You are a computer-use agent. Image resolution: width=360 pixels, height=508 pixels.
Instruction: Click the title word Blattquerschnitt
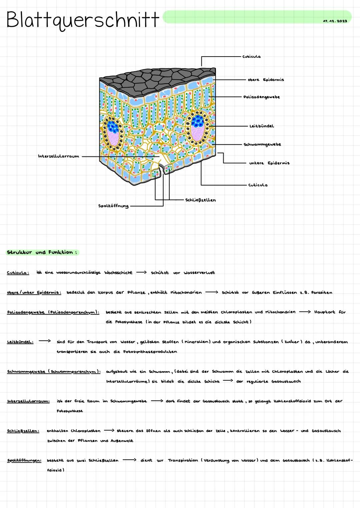pos(82,20)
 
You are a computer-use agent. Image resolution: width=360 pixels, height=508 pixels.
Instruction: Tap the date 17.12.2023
pos(335,21)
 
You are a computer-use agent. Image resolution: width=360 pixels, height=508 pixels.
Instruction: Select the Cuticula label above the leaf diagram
pos(251,57)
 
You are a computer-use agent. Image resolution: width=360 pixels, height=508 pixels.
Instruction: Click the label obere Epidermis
pos(266,80)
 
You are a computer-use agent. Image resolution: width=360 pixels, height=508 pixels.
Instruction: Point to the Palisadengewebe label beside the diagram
pos(261,97)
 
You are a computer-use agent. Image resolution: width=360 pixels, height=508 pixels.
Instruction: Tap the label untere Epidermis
pos(269,163)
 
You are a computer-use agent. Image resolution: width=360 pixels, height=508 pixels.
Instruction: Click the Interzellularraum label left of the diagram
pos(58,156)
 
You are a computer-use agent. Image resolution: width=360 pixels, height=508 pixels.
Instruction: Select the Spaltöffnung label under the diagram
pos(113,206)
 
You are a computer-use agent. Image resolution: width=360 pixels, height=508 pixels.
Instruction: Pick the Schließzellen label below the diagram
pos(200,200)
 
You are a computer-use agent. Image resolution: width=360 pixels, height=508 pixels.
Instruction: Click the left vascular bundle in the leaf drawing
pos(113,133)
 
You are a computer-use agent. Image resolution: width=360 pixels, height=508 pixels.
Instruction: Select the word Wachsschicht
pos(118,273)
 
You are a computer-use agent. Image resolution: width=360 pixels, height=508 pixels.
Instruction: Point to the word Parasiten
pos(322,293)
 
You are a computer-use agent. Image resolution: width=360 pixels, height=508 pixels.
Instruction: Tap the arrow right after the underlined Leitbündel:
pos(44,341)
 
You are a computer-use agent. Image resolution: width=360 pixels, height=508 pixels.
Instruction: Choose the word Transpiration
pos(183,461)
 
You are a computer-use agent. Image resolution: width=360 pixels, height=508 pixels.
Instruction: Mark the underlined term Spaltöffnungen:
pos(24,461)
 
